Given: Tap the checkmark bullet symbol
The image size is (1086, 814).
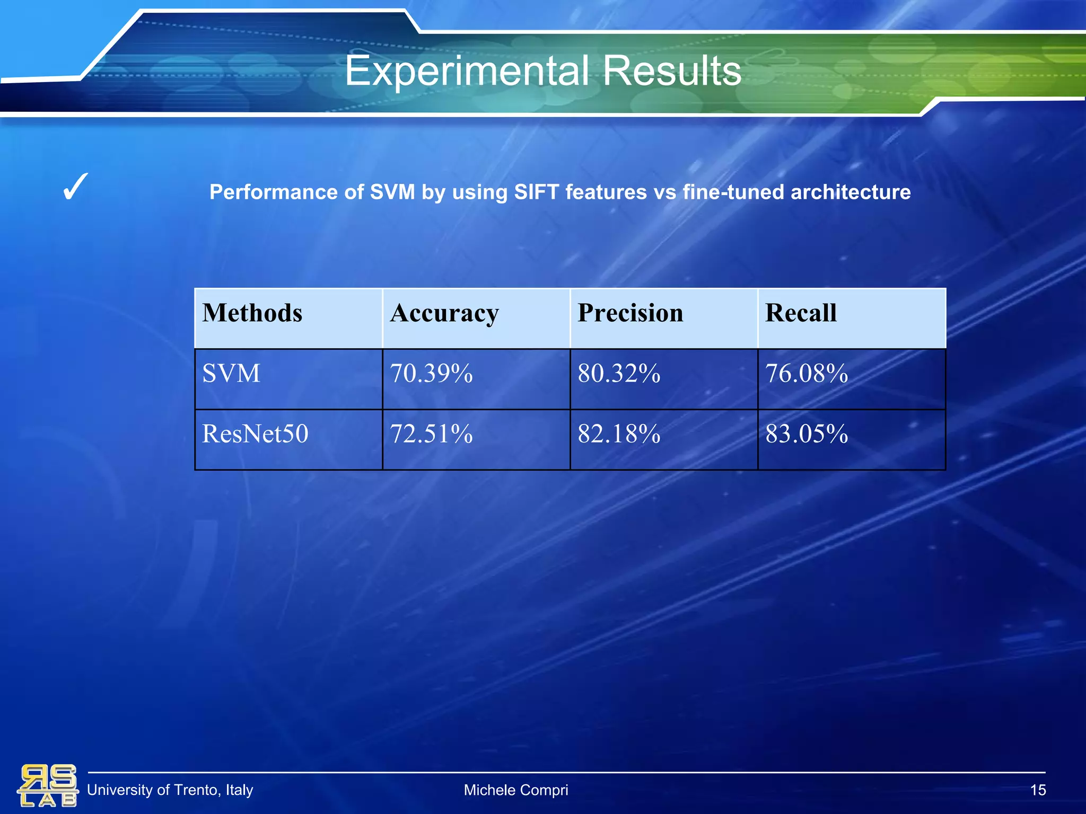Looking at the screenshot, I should click(75, 188).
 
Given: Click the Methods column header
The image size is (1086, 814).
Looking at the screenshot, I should click(252, 313).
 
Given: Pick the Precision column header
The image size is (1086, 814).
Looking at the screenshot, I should click(630, 313).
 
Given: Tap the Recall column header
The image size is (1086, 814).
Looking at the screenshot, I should click(801, 313).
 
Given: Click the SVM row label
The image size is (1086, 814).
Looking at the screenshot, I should click(231, 374).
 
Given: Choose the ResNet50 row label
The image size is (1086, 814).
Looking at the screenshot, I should click(255, 434).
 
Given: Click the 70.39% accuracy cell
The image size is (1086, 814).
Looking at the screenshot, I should click(431, 374).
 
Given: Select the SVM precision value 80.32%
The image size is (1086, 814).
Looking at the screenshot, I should click(619, 374).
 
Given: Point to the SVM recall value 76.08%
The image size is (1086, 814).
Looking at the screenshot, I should click(807, 374).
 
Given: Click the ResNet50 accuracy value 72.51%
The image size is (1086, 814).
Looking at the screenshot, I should click(431, 434).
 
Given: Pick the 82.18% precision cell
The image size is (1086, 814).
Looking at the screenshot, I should click(619, 434).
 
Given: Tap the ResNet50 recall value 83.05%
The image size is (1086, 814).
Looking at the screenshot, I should click(807, 434).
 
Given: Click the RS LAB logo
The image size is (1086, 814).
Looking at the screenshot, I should click(48, 785).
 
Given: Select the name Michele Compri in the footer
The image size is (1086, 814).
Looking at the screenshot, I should click(515, 790).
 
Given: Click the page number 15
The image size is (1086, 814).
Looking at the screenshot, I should click(1038, 790).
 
